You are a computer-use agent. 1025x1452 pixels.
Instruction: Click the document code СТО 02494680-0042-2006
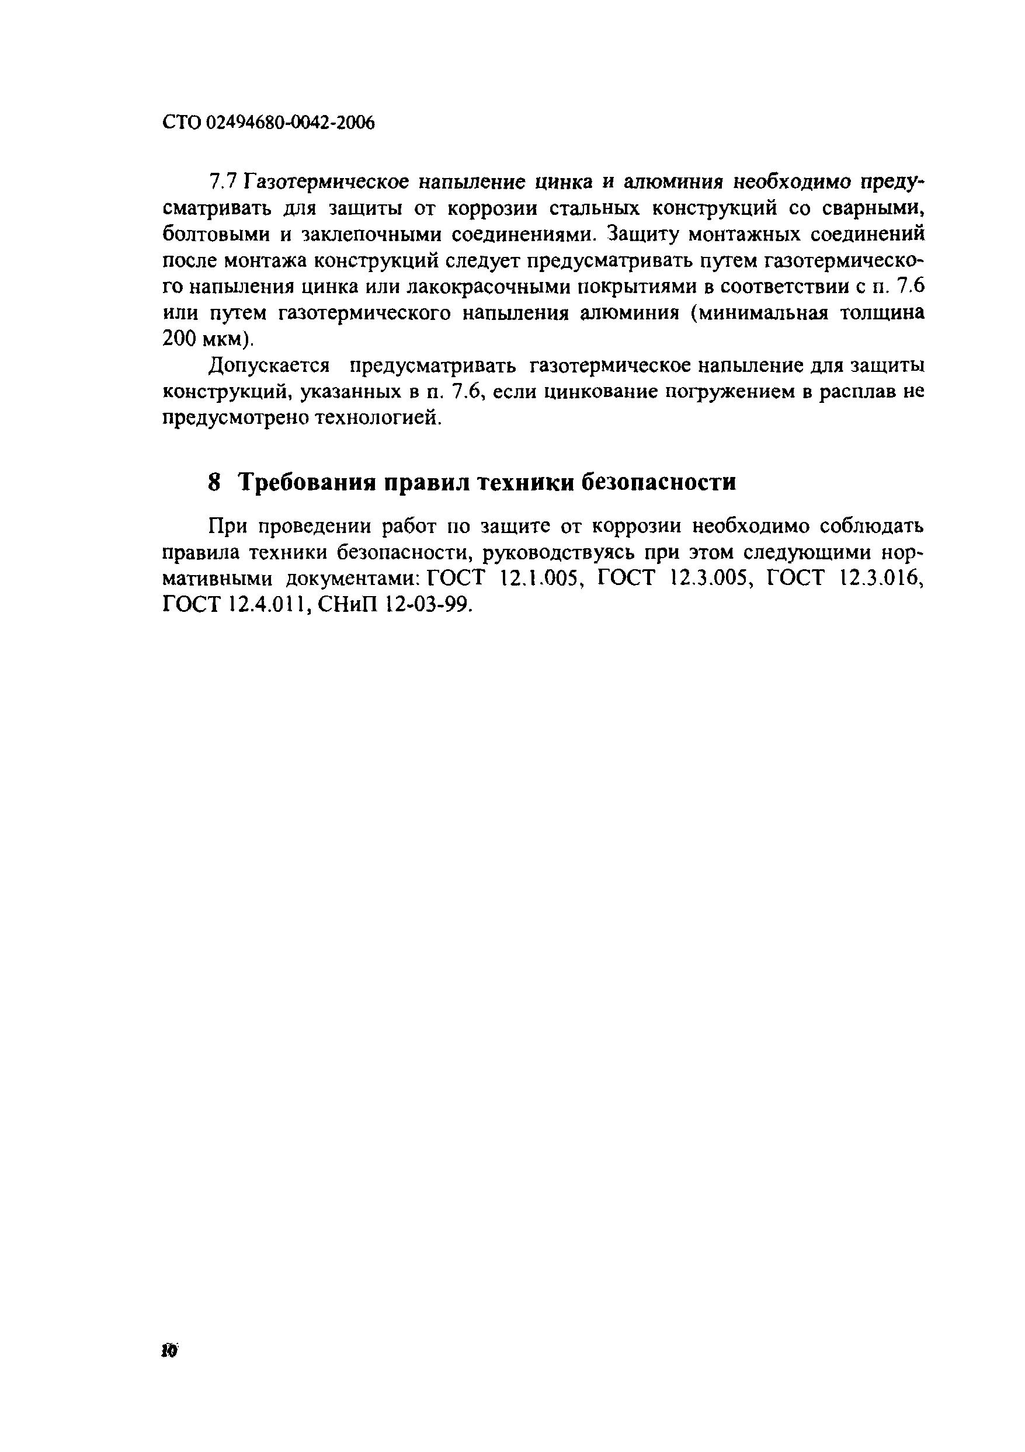click(269, 123)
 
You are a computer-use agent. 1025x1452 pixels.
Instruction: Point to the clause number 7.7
click(222, 183)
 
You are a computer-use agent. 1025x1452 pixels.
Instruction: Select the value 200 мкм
click(206, 340)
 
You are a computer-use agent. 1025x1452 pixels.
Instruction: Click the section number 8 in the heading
click(214, 482)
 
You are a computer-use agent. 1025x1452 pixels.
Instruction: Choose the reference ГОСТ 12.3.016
click(844, 579)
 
